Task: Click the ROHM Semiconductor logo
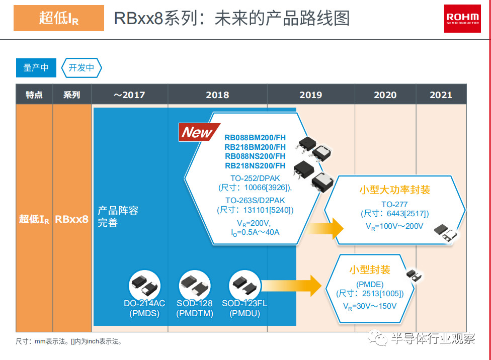(x=462, y=19)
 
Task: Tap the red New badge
(x=199, y=132)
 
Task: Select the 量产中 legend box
(x=36, y=67)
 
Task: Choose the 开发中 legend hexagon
(x=81, y=67)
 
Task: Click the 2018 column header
(x=217, y=95)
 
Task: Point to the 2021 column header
(x=441, y=95)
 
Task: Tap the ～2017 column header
(x=129, y=95)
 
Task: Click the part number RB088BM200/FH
(x=255, y=137)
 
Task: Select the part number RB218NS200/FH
(x=255, y=165)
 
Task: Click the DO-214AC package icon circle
(x=145, y=286)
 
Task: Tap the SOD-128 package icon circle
(x=195, y=286)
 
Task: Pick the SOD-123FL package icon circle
(x=245, y=286)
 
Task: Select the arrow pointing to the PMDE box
(x=292, y=286)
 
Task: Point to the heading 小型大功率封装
(x=394, y=190)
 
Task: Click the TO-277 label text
(x=394, y=205)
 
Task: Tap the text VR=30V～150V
(x=370, y=306)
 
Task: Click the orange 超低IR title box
(x=59, y=18)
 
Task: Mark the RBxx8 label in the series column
(x=72, y=219)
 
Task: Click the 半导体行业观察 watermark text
(x=433, y=338)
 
